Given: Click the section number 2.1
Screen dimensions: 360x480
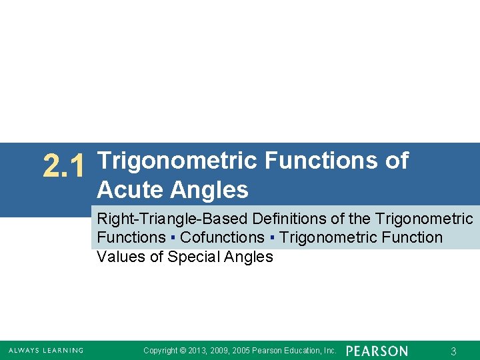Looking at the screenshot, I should point(63,166).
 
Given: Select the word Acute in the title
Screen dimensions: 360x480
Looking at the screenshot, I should point(130,190).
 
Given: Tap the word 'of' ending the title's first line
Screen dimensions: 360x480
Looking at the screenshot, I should point(397,161).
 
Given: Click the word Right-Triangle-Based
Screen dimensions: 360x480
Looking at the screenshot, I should point(164,219).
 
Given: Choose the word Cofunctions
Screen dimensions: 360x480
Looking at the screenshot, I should point(223,237).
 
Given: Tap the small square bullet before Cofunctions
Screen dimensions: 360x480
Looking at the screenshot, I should point(173,237).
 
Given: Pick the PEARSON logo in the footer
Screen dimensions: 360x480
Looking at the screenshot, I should point(377,351).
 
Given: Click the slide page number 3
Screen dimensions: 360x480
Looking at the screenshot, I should point(453,351).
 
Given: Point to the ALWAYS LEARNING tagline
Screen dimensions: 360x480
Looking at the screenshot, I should point(46,351).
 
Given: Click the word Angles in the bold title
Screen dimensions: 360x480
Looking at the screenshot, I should point(210,190).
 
